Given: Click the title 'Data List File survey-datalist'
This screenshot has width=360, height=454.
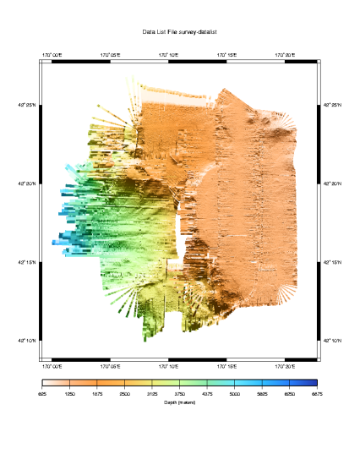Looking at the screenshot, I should pyautogui.click(x=180, y=31).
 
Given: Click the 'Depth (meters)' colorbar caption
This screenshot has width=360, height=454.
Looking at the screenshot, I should pyautogui.click(x=180, y=402).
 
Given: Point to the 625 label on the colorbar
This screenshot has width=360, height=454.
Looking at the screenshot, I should pyautogui.click(x=42, y=394).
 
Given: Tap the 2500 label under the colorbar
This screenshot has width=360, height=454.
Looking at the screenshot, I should pyautogui.click(x=124, y=394).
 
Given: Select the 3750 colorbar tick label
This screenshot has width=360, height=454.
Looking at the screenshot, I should pyautogui.click(x=179, y=394).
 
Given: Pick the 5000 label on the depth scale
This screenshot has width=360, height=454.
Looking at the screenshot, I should pyautogui.click(x=234, y=394).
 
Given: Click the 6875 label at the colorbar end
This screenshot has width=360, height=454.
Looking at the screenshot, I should pyautogui.click(x=317, y=394).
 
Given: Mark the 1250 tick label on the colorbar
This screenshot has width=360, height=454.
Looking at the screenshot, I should pyautogui.click(x=70, y=394).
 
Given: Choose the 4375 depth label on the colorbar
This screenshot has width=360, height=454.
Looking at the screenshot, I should pyautogui.click(x=207, y=394).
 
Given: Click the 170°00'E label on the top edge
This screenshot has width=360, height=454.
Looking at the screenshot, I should pyautogui.click(x=52, y=54).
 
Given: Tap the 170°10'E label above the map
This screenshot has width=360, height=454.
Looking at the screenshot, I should pyautogui.click(x=169, y=54).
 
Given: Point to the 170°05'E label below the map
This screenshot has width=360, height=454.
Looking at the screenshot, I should pyautogui.click(x=111, y=367).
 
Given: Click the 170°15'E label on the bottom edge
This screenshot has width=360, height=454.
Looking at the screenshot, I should pyautogui.click(x=227, y=367).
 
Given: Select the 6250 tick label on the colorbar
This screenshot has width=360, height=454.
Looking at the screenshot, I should pyautogui.click(x=289, y=394).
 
